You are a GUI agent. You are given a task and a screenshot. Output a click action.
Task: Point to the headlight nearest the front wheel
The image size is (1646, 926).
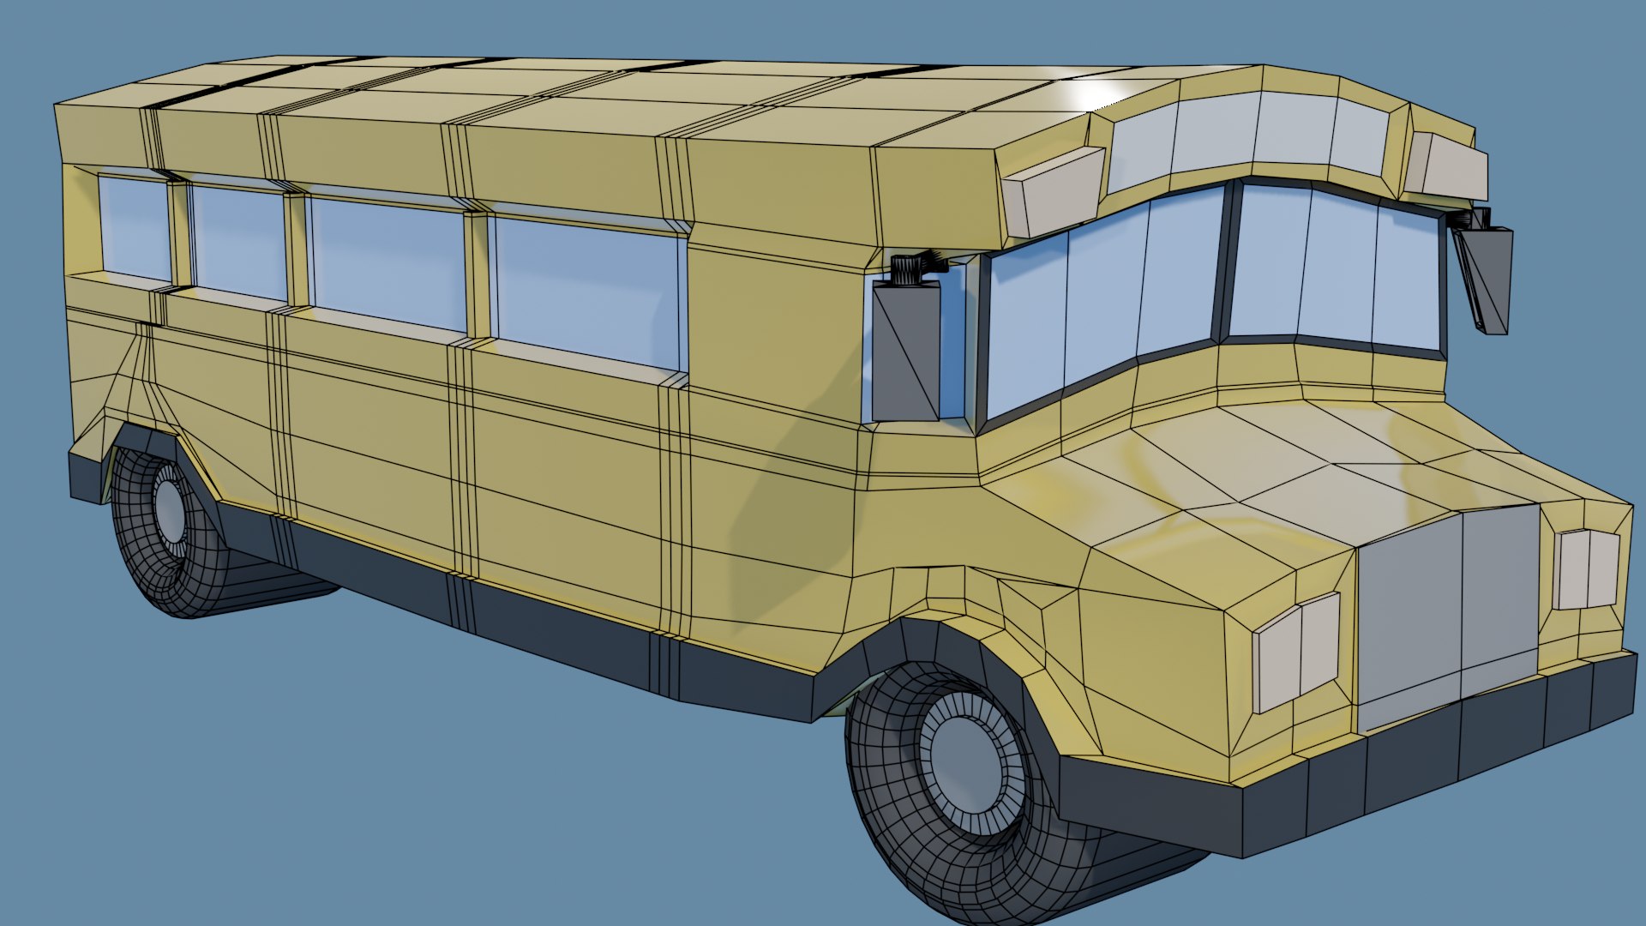(x=1297, y=652)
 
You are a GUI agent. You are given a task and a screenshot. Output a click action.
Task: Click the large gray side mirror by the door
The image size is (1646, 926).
(x=906, y=352)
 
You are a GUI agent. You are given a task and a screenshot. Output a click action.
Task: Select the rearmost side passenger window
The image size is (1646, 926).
(x=135, y=227)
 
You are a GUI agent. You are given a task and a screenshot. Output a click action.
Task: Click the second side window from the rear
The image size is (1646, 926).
(x=237, y=243)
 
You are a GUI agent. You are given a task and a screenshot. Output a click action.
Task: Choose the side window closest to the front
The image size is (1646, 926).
(x=590, y=292)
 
